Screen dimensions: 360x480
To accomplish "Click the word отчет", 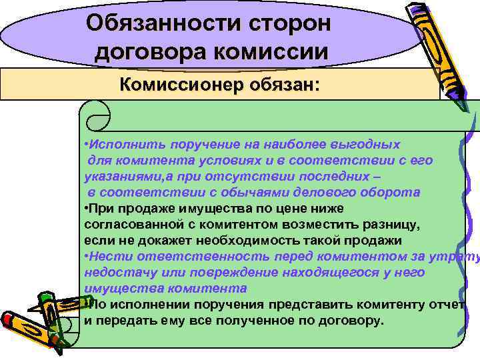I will pyautogui.click(x=447, y=305).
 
